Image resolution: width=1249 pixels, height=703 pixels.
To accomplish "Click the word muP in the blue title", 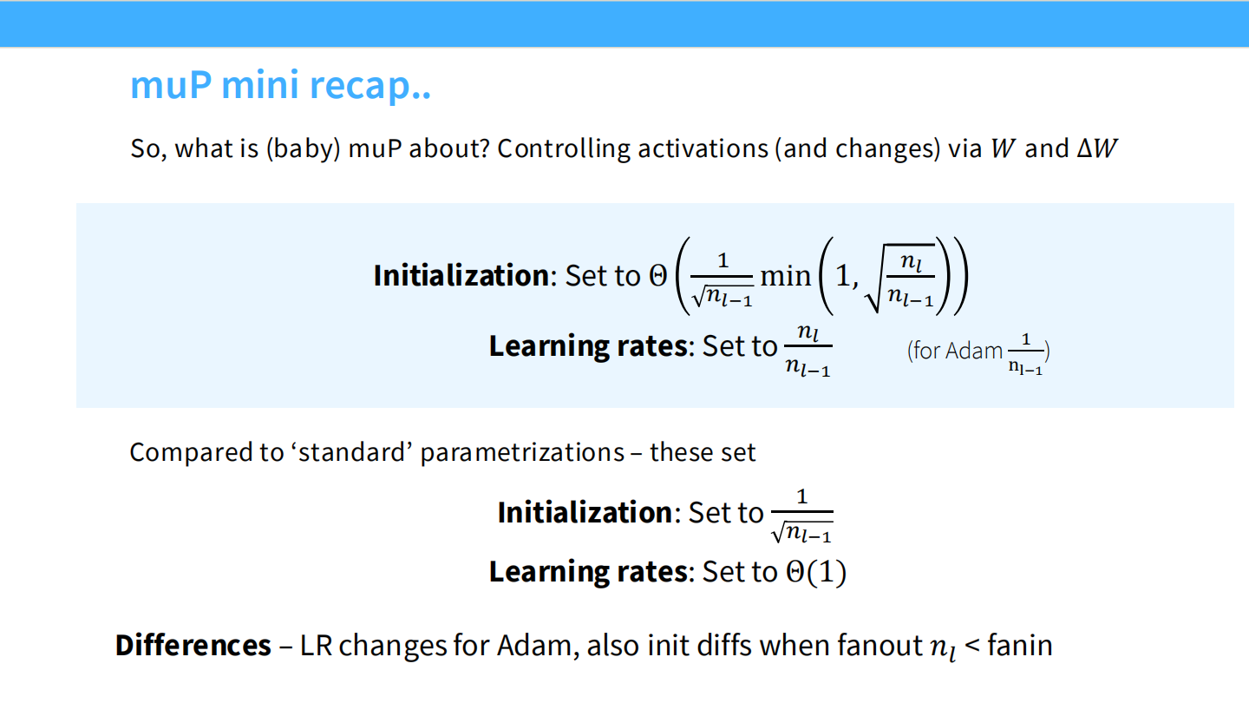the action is click(171, 85).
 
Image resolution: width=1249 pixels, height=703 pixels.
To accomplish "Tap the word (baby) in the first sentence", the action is click(304, 149).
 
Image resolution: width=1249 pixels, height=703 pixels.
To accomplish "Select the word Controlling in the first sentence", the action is click(564, 149).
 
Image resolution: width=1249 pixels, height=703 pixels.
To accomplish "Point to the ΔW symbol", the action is click(1096, 148).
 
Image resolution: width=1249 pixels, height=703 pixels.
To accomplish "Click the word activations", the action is click(703, 149).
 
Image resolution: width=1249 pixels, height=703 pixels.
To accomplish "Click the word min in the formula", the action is click(786, 276).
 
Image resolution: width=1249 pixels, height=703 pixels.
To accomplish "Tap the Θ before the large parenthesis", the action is click(658, 276).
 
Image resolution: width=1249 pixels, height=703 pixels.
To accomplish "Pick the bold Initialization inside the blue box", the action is click(461, 276).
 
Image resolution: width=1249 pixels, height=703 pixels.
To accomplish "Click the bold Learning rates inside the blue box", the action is click(588, 346).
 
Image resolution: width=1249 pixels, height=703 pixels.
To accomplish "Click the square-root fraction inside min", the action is click(899, 278).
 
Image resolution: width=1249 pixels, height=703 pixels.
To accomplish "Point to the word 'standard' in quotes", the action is click(350, 452).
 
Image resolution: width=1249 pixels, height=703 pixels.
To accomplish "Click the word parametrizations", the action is click(522, 453).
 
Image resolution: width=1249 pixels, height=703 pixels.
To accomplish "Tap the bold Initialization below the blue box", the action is click(585, 512).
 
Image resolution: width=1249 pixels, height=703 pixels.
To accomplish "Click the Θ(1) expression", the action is click(815, 572).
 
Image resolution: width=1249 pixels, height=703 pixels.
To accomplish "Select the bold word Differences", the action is click(193, 645).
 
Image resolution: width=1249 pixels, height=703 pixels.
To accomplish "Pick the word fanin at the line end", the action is click(1020, 646).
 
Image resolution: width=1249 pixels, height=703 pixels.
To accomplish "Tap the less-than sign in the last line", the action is click(971, 646).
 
